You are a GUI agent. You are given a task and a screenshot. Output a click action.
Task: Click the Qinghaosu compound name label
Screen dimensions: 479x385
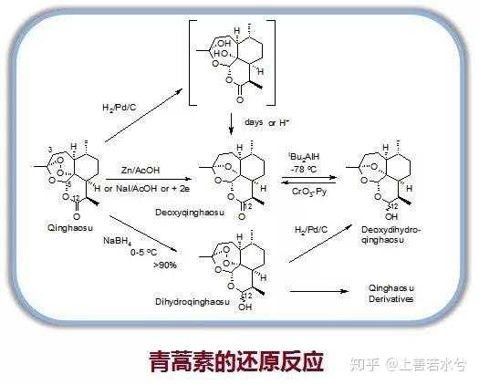tap(70, 228)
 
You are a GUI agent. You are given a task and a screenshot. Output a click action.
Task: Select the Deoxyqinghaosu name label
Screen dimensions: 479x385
tap(190, 213)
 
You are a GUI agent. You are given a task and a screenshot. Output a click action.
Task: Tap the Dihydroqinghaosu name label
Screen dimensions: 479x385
tap(193, 302)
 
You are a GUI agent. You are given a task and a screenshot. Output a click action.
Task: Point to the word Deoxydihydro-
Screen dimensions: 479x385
tap(391, 230)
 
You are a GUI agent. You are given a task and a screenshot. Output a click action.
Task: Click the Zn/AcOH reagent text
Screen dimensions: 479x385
tap(141, 170)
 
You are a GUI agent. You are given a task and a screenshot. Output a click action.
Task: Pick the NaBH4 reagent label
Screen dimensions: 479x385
tap(118, 241)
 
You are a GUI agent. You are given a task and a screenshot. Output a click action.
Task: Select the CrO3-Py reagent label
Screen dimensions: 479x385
tap(309, 192)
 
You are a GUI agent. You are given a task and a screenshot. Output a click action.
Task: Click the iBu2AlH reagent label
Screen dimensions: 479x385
tap(304, 157)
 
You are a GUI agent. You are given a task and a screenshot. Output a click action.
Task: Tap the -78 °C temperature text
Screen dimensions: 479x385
tap(304, 169)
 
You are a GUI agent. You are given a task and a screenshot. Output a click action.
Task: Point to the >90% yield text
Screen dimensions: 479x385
tap(165, 265)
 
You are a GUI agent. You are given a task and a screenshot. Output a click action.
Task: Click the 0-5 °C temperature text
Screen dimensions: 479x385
tap(143, 253)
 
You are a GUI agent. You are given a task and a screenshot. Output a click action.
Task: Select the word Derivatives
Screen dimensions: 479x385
tap(391, 299)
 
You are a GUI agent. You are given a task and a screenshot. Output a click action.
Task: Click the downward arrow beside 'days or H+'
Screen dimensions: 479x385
tap(231, 124)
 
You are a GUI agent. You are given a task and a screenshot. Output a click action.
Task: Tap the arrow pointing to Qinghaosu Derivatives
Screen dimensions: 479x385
tap(319, 291)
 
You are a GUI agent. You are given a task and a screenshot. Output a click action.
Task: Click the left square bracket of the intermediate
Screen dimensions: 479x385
tap(192, 63)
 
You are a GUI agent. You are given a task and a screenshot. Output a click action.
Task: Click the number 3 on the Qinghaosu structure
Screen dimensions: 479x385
tap(50, 150)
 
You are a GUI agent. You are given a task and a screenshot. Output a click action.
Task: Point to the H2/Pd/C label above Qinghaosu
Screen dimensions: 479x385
tap(120, 108)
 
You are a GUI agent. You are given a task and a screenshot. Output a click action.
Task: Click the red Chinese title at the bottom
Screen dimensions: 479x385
tap(236, 361)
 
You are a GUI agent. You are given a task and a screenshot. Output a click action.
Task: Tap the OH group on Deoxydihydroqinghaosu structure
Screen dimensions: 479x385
tap(391, 216)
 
